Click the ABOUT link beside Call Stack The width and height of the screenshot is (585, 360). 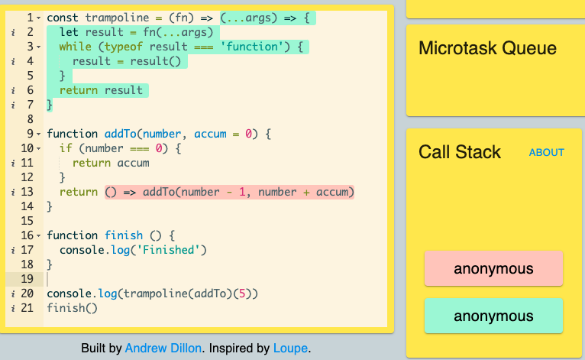(546, 152)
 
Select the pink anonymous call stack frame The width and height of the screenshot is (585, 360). (493, 268)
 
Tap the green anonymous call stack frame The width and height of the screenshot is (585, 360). (493, 316)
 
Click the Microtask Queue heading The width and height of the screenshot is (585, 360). (487, 48)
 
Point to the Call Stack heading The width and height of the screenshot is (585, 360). (459, 152)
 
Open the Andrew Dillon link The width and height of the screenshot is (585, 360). (163, 348)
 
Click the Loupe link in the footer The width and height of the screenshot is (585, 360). (291, 348)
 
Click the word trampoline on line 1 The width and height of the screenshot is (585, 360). (117, 18)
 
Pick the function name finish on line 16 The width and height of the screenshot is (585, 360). (124, 235)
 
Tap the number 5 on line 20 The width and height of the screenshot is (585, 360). (242, 294)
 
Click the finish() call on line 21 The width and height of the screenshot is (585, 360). (72, 308)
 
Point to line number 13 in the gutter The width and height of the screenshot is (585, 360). (27, 192)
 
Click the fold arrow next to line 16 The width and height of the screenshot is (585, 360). (39, 236)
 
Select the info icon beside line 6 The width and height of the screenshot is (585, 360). (13, 91)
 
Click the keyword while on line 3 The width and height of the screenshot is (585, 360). (76, 47)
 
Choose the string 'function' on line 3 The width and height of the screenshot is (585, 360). (253, 47)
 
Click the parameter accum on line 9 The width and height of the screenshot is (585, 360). (210, 134)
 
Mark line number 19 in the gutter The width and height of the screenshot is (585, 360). (27, 279)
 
